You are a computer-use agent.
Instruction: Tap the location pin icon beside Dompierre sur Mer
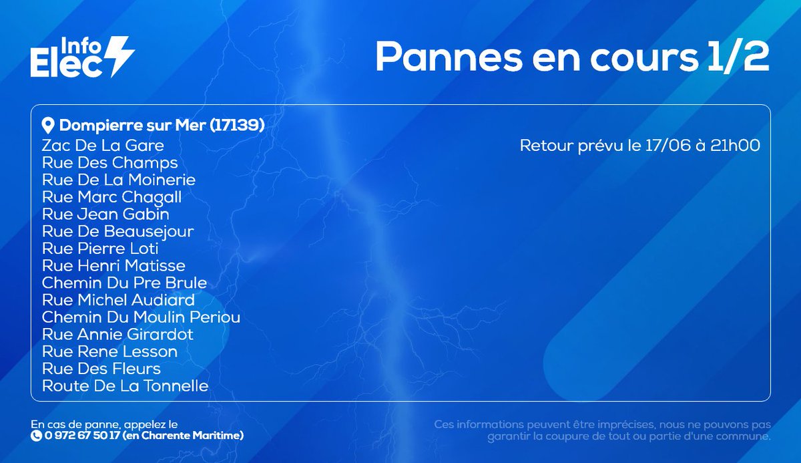[47, 125]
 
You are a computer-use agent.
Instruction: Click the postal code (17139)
[237, 125]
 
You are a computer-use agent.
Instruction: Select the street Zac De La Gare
[103, 145]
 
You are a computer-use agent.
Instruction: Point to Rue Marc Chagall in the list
[111, 197]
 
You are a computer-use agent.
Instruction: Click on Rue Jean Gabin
[105, 214]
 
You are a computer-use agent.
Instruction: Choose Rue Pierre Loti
[100, 249]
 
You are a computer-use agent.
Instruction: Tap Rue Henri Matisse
[113, 266]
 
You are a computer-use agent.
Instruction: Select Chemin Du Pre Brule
[124, 283]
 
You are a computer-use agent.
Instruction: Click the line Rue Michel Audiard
[118, 300]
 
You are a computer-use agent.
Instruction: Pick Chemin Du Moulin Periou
[141, 317]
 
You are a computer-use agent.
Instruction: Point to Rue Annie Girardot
[117, 334]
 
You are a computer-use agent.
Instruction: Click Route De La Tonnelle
[125, 386]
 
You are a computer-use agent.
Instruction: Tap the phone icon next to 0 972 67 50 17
[36, 436]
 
